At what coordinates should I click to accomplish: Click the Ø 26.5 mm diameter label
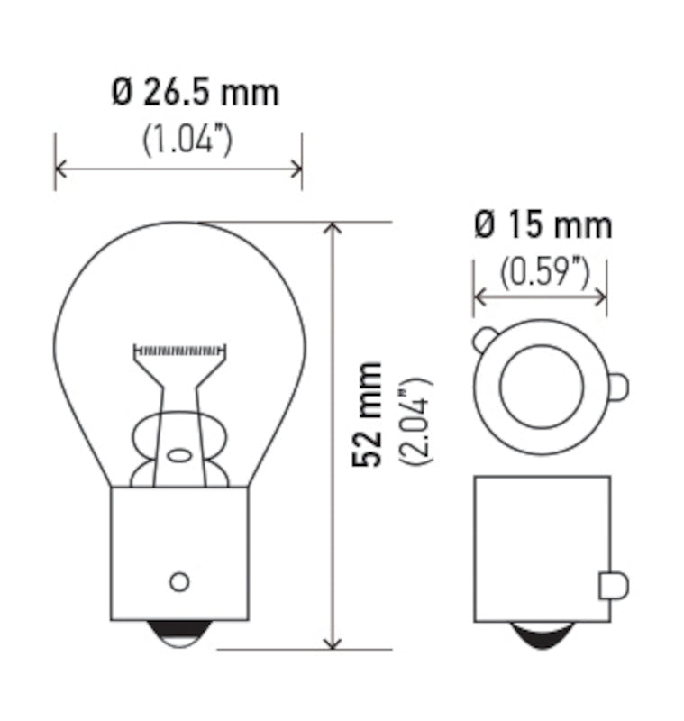[x=196, y=93]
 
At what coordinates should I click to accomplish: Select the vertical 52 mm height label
[x=368, y=415]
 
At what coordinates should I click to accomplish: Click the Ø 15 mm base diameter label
[x=542, y=224]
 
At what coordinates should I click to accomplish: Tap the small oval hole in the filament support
[x=180, y=455]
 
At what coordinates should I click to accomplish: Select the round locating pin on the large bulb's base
[x=179, y=581]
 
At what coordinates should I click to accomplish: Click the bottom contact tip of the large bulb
[x=179, y=635]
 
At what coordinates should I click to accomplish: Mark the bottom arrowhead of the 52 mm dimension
[x=334, y=642]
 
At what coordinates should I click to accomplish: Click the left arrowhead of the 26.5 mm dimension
[x=61, y=168]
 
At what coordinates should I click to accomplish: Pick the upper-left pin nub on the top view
[x=484, y=340]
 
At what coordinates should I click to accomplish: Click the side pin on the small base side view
[x=613, y=586]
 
